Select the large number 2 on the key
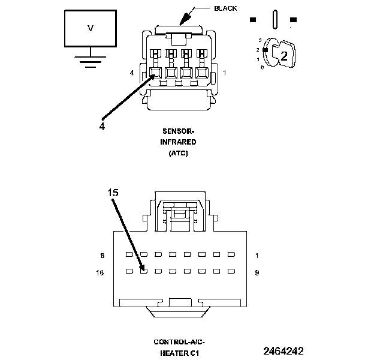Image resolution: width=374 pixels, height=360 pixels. tap(284, 56)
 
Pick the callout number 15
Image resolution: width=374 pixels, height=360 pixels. tap(113, 193)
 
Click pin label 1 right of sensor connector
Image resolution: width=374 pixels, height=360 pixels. tap(224, 73)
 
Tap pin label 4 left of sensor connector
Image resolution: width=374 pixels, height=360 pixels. tap(131, 73)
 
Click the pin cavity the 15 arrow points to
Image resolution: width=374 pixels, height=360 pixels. tap(143, 271)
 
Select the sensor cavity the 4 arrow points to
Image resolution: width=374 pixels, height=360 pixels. tap(155, 74)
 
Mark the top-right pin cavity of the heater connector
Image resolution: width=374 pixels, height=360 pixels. tap(228, 254)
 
